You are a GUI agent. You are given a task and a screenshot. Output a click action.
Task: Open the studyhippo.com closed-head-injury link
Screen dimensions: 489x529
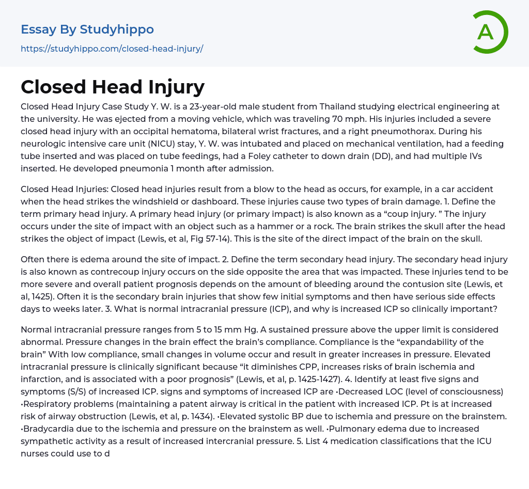[112, 49]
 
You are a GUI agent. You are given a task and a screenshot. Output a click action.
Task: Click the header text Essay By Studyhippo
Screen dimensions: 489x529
[87, 29]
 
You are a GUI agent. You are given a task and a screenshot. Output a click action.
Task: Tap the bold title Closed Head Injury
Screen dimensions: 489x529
[113, 87]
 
